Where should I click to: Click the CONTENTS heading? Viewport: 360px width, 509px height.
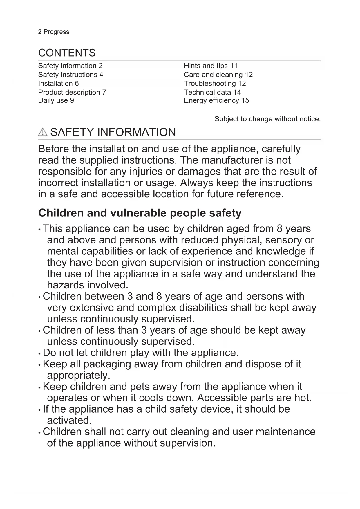pos(67,53)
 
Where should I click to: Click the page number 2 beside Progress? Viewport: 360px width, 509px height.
pos(40,32)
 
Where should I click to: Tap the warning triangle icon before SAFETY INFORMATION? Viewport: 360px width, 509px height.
pos(42,132)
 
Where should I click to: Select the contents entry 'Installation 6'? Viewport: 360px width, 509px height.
pos(58,84)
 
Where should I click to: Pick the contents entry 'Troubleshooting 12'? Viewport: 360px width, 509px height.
pos(215,84)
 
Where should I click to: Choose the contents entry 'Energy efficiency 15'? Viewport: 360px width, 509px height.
pos(216,100)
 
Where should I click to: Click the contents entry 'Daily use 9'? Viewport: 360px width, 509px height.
pos(56,100)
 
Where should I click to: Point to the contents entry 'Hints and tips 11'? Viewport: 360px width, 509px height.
pos(211,66)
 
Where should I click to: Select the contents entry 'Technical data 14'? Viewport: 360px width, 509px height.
pos(212,92)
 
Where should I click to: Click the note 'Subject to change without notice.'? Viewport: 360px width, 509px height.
pos(267,119)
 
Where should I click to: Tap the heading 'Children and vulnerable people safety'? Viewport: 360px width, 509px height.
pos(140,213)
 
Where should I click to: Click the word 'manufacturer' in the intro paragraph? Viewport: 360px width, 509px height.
pos(233,160)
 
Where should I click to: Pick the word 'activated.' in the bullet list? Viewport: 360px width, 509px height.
pos(69,420)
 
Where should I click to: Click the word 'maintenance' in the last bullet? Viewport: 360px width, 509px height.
pos(285,432)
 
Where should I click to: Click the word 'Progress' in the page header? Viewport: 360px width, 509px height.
pos(56,32)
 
